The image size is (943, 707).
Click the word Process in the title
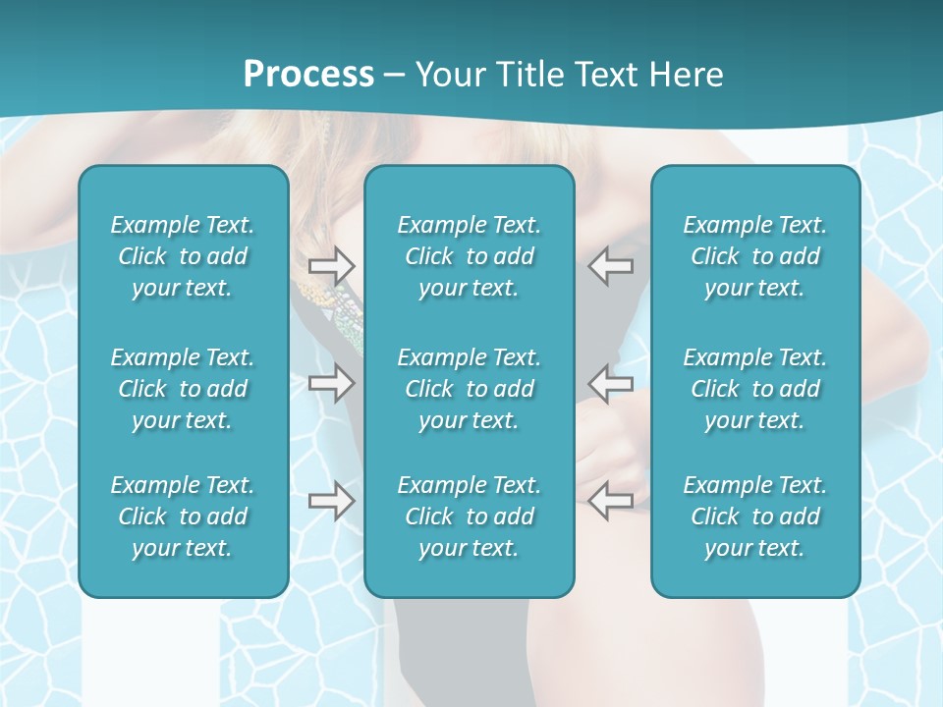click(x=308, y=75)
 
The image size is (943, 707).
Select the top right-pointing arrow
click(x=331, y=265)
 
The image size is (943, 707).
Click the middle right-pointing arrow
click(x=331, y=383)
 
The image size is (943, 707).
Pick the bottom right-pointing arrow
click(x=331, y=501)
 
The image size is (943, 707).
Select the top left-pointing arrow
click(x=610, y=265)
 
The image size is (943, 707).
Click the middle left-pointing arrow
click(x=610, y=383)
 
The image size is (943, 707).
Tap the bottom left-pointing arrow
click(x=610, y=501)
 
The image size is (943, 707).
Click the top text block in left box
click(x=183, y=256)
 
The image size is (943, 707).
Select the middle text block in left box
click(x=183, y=389)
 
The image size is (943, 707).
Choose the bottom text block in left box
click(x=183, y=517)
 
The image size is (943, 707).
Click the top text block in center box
click(x=470, y=256)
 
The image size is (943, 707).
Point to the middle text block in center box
click(x=470, y=389)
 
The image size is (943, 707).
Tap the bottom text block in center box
click(x=470, y=517)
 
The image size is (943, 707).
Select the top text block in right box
click(x=755, y=256)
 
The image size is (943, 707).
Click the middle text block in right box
click(x=755, y=389)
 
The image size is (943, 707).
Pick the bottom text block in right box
click(x=755, y=517)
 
